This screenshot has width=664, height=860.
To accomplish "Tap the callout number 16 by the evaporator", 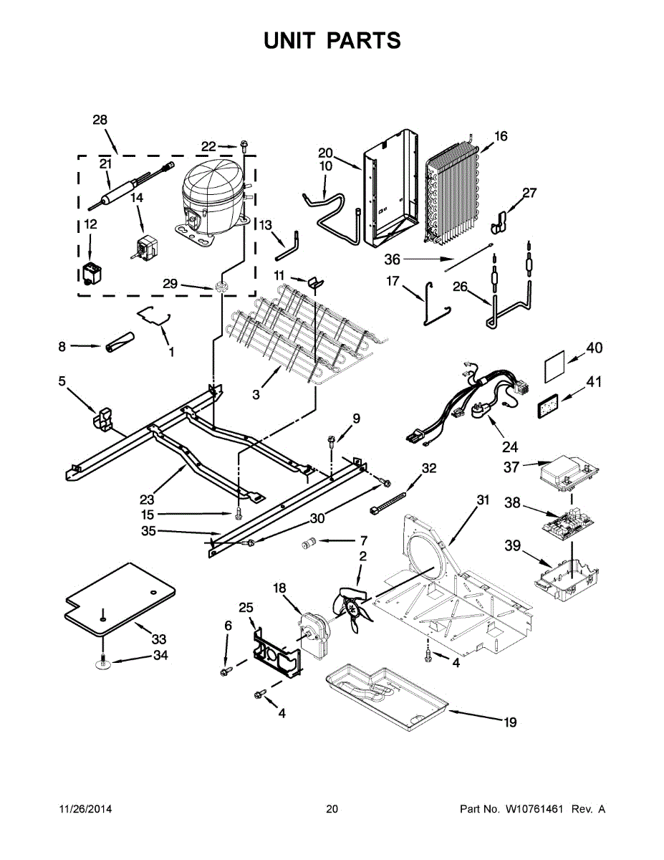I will [501, 136].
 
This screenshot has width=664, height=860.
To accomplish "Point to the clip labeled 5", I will [105, 419].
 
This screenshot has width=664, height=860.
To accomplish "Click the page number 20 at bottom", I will [332, 809].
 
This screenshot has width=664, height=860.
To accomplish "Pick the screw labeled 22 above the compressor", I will [244, 147].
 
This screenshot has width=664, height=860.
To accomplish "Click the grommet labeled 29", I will [221, 287].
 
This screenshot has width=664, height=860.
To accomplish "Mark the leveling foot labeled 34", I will [105, 664].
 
